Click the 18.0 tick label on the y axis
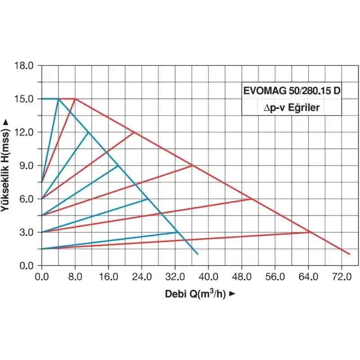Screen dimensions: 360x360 tap(24, 66)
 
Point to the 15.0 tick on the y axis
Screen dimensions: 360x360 tap(24, 99)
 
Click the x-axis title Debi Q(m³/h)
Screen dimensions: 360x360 tap(195, 294)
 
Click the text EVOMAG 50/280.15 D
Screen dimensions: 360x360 tap(292, 90)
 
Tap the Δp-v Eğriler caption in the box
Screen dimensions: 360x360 tap(292, 108)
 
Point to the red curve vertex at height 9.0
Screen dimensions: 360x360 tap(192, 166)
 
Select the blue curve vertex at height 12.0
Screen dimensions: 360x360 tap(88, 132)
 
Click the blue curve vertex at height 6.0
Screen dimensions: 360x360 tap(148, 199)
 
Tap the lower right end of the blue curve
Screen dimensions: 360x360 tap(198, 254)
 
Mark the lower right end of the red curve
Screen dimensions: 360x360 tap(350, 254)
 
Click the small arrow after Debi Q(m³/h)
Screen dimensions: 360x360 tap(232, 294)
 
